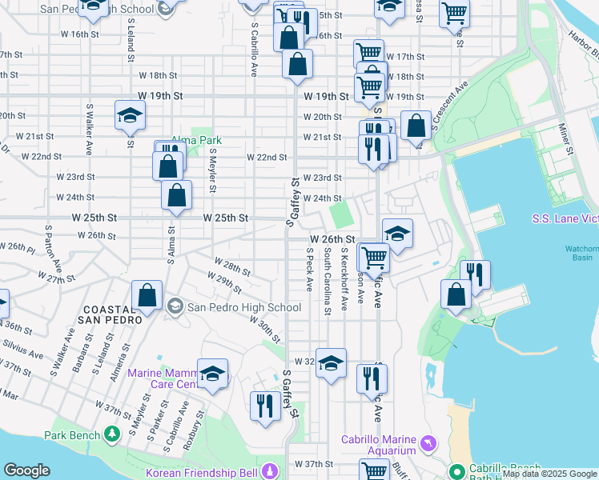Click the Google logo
[26, 470]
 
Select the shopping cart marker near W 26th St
[374, 258]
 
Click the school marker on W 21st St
[129, 117]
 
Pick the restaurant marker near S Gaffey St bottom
[264, 406]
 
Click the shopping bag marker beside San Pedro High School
[147, 295]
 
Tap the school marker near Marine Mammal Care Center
[212, 374]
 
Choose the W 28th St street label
[233, 265]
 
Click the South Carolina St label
[327, 281]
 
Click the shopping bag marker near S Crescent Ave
[416, 126]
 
